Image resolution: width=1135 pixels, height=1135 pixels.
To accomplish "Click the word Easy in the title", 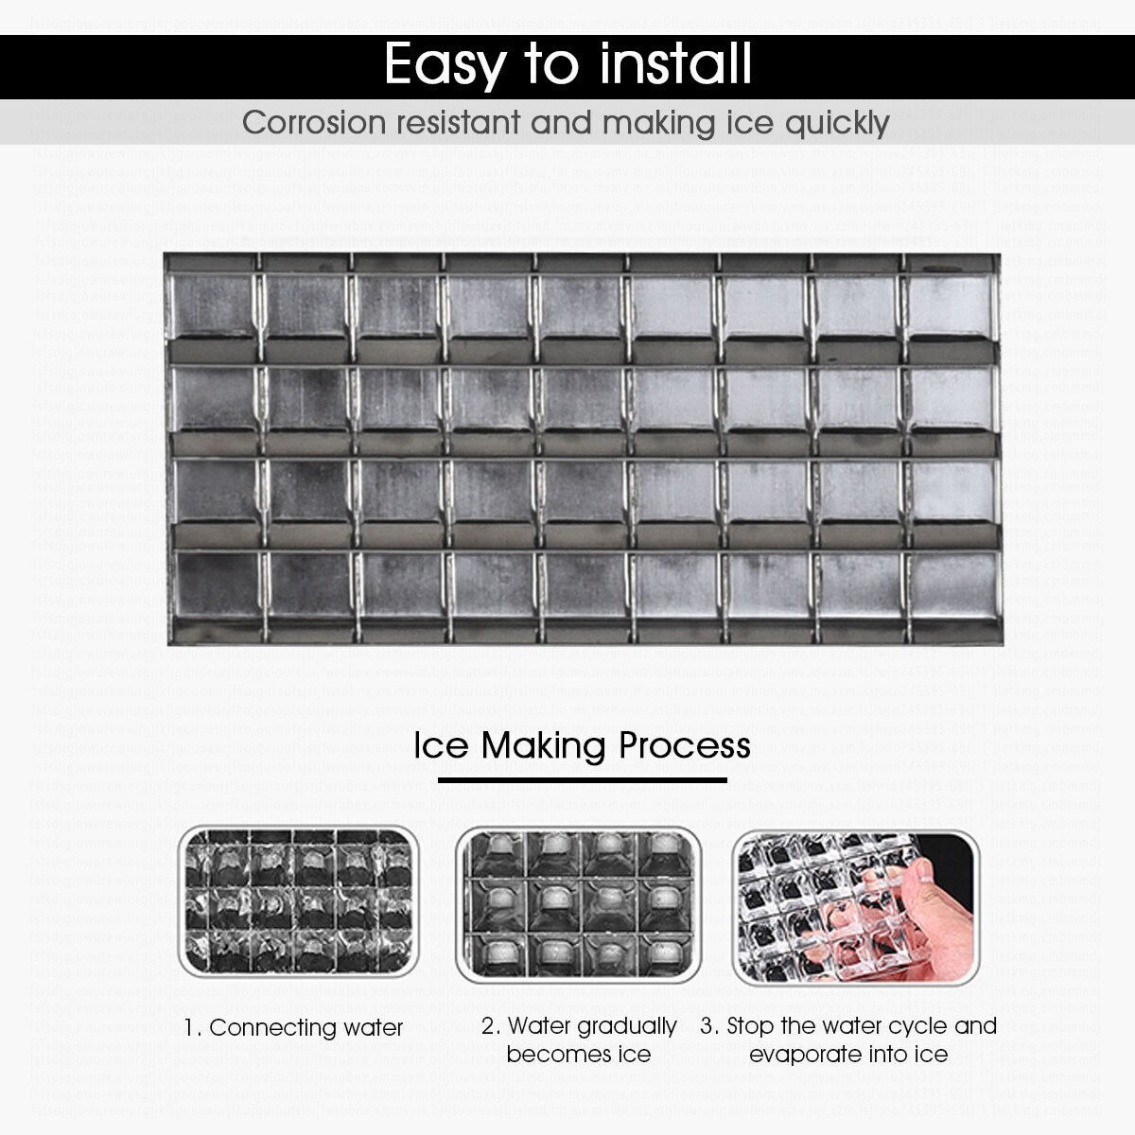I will coord(445,65).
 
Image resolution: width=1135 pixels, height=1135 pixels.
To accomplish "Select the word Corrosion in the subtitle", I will coord(315,123).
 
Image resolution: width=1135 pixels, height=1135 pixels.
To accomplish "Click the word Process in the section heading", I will coord(685,745).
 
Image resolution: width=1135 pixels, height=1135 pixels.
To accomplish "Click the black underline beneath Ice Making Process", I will coord(582,781).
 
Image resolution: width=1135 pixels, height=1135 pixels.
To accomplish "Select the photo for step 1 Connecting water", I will coord(299,902).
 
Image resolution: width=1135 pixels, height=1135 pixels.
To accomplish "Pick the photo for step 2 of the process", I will coord(579,905).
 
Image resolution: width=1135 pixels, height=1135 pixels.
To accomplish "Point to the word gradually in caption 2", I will coord(627,1026).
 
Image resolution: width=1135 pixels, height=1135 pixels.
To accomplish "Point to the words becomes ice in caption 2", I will coord(578,1054).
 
